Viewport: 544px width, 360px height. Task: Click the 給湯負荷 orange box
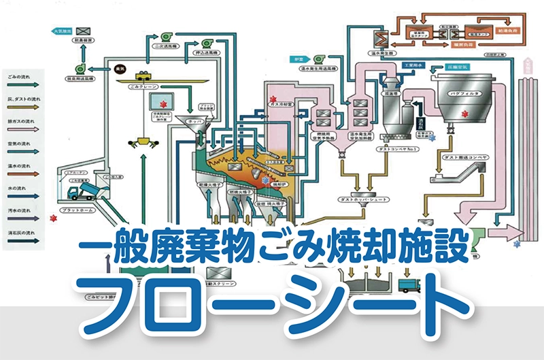503,31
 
